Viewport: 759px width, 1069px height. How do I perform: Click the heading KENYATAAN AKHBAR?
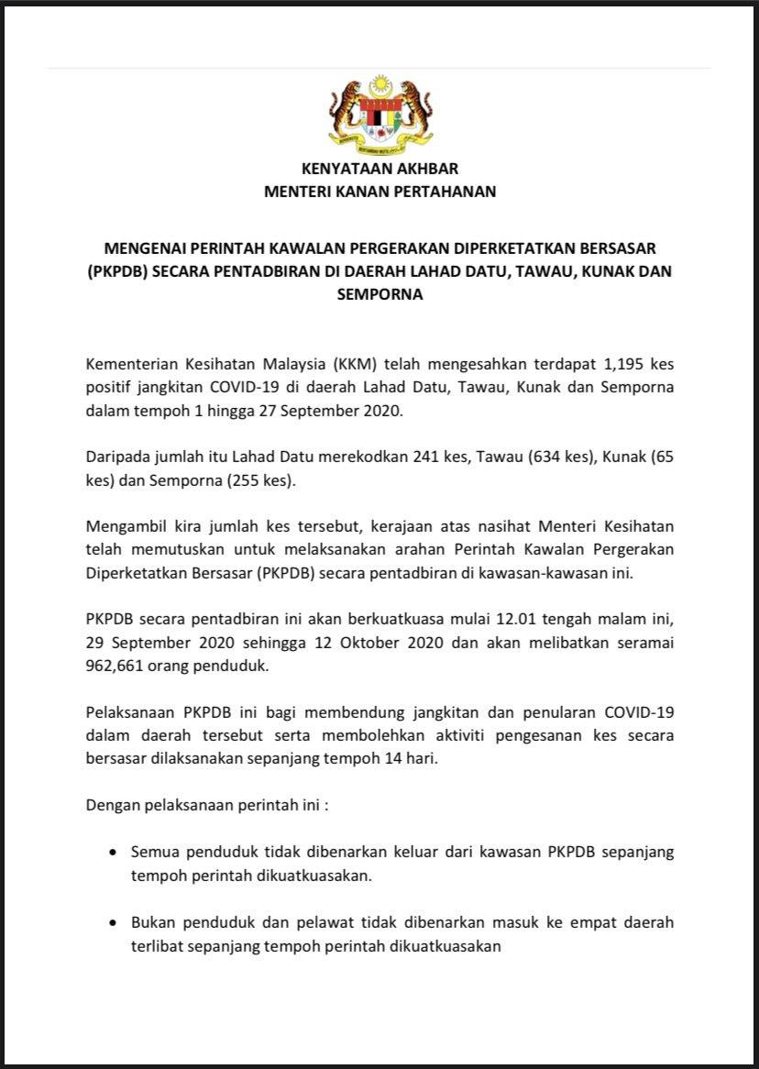(x=379, y=169)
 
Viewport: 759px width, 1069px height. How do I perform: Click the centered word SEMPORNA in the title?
(x=379, y=295)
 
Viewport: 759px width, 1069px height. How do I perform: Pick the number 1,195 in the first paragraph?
(x=610, y=362)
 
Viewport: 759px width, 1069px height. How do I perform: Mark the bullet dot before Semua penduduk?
(x=112, y=852)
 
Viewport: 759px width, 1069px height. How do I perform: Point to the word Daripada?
(x=119, y=457)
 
